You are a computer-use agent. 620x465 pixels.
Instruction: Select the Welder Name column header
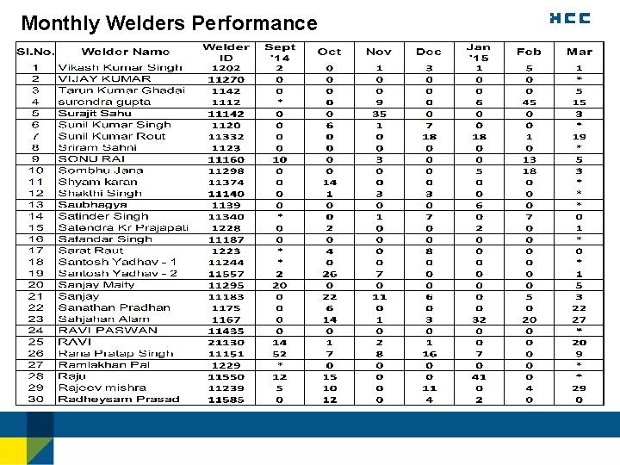click(x=126, y=52)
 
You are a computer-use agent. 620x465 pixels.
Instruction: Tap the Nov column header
click(x=379, y=52)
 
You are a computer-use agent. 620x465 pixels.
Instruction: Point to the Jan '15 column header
click(x=479, y=53)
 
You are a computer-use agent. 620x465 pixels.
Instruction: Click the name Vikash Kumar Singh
click(x=121, y=67)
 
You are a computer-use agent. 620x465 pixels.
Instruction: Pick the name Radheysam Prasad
click(x=119, y=400)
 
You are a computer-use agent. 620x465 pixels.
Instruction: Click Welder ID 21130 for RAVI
click(x=226, y=342)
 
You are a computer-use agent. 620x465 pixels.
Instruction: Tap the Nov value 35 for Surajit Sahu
click(x=379, y=114)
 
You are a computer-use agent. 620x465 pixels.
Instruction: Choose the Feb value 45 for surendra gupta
click(x=529, y=102)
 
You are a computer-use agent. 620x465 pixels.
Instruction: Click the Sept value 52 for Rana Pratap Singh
click(x=280, y=354)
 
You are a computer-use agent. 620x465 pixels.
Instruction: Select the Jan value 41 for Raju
click(x=479, y=376)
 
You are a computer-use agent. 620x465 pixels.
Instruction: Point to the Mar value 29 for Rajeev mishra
click(x=580, y=388)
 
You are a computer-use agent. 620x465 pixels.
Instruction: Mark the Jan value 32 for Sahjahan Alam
click(x=479, y=319)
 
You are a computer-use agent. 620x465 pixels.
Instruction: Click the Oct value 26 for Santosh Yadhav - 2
click(x=329, y=274)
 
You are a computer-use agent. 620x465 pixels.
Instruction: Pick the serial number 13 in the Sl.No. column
click(x=36, y=205)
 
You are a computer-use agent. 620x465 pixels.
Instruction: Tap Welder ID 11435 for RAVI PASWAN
click(x=226, y=331)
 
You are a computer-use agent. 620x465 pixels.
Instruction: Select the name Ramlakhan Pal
click(x=103, y=365)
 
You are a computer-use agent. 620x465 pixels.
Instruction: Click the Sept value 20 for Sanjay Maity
click(x=280, y=285)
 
